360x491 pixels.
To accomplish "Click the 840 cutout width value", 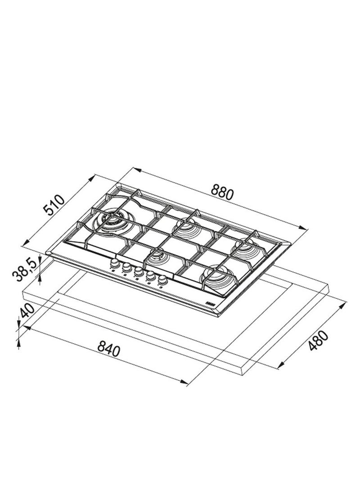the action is pyautogui.click(x=108, y=349).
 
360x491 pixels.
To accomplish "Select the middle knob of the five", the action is pyautogui.click(x=138, y=271).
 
